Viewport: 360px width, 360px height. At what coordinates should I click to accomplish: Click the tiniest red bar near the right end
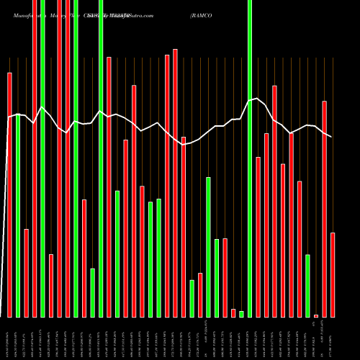tap(316, 315)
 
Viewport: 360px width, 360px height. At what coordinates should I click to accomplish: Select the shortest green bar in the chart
tap(241, 314)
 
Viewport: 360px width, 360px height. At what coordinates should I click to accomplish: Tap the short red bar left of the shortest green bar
tap(233, 312)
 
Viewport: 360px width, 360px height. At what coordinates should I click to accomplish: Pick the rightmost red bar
tap(333, 274)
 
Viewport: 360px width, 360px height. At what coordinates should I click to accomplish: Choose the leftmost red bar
tap(9, 194)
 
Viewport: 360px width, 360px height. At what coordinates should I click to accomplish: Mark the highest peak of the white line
tap(258, 98)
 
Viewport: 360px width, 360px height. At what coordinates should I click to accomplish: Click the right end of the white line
tap(332, 137)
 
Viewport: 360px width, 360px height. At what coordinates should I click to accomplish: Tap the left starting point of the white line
tap(9, 117)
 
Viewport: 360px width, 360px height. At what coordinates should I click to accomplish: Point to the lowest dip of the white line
tap(184, 145)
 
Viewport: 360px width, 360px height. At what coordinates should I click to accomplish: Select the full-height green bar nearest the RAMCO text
tap(250, 158)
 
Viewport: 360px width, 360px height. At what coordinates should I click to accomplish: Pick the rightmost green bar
tap(307, 286)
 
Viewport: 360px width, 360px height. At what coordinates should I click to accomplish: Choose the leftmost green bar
tap(17, 216)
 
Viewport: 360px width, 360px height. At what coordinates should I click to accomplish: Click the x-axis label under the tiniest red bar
tap(315, 338)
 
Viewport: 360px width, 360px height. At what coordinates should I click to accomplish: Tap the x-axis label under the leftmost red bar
tap(9, 338)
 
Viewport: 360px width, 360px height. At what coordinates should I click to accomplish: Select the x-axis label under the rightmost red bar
tap(333, 338)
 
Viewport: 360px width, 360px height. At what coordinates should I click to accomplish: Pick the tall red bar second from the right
tap(324, 209)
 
